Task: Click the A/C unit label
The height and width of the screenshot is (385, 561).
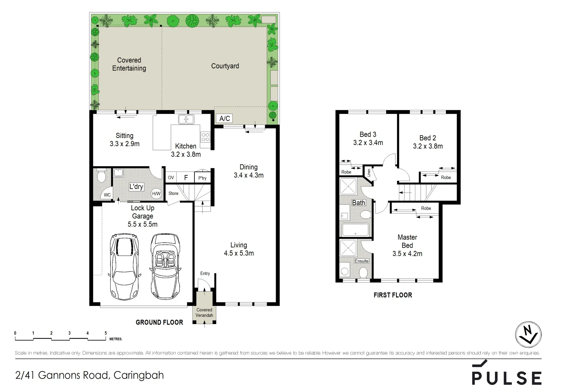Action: (225, 119)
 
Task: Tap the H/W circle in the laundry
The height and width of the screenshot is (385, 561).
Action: (156, 194)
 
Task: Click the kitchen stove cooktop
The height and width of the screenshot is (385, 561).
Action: (205, 137)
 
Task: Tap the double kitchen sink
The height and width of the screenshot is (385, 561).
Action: (186, 119)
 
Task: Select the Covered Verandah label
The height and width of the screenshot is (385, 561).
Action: (204, 313)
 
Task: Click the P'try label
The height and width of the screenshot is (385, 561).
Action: (202, 178)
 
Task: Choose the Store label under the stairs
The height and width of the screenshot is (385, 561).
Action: (173, 194)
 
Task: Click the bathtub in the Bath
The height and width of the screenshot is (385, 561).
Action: (355, 230)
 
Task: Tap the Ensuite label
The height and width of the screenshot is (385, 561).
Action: (362, 261)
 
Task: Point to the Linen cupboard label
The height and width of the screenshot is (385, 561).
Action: (369, 173)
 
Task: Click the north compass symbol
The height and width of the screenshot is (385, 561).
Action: (528, 335)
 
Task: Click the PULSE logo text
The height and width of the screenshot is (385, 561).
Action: (506, 377)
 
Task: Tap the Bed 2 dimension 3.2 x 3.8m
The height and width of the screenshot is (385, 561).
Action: (428, 146)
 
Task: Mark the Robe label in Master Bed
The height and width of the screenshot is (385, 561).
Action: (426, 208)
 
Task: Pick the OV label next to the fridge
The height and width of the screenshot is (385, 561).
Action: (171, 178)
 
